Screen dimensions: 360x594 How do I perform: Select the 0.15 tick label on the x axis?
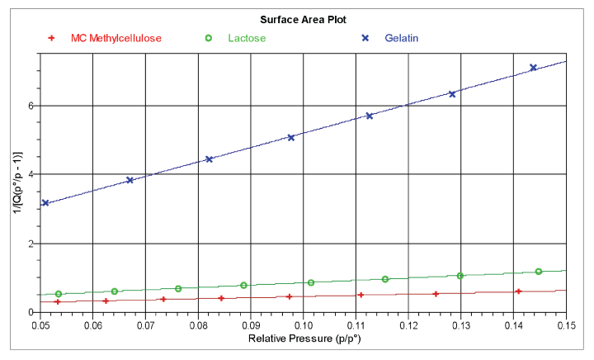click(x=566, y=325)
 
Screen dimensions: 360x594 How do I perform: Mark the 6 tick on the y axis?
click(x=29, y=106)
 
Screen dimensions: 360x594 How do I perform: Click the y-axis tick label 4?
click(x=29, y=175)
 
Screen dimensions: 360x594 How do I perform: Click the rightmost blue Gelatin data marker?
click(x=533, y=68)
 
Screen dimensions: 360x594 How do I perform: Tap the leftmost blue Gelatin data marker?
click(x=45, y=202)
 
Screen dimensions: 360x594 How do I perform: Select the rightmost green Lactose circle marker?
click(x=538, y=272)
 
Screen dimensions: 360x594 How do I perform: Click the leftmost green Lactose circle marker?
click(x=59, y=294)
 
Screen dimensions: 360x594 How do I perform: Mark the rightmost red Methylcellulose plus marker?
click(x=518, y=291)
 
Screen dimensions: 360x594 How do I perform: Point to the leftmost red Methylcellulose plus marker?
click(x=57, y=301)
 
